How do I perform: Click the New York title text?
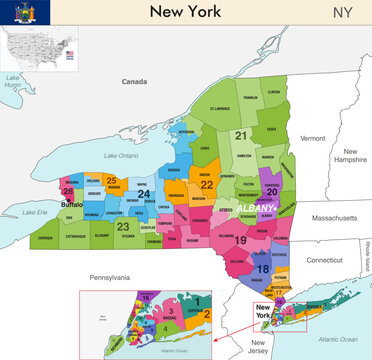[x=187, y=12]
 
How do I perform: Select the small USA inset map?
[x=36, y=49]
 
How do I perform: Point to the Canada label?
[x=134, y=81]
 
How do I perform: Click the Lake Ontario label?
[x=122, y=155]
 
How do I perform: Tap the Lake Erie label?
[x=35, y=212]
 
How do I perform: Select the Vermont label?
[x=313, y=138]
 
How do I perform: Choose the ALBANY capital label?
[x=250, y=204]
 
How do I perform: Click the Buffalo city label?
[x=72, y=204]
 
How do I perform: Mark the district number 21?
[x=240, y=134]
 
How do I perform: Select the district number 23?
[x=122, y=226]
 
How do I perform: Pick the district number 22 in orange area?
[x=206, y=184]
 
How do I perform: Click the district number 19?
[x=240, y=240]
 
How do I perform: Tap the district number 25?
[x=111, y=180]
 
